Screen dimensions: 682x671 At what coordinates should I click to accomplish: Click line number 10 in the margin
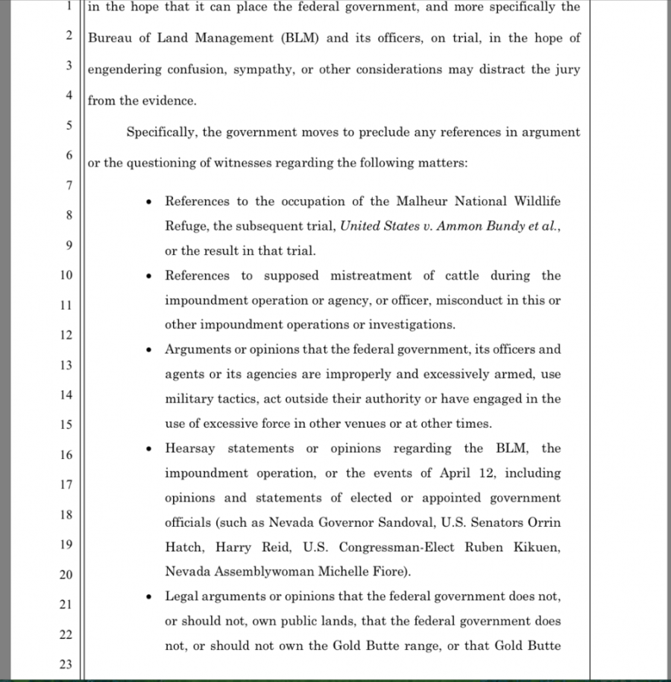click(x=66, y=275)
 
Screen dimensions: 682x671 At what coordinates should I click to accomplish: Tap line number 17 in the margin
click(x=66, y=484)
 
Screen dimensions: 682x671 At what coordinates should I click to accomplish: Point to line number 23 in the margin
click(x=66, y=665)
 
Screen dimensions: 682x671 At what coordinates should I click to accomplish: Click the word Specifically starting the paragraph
click(x=162, y=132)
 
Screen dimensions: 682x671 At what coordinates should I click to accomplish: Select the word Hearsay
click(x=190, y=448)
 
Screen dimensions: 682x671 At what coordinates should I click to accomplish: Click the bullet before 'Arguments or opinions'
click(x=150, y=350)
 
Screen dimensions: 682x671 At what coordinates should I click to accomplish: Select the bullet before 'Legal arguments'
click(x=150, y=596)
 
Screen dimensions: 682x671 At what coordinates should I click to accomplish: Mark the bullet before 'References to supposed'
click(x=150, y=276)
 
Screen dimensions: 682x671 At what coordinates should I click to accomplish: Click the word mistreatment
click(x=371, y=275)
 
